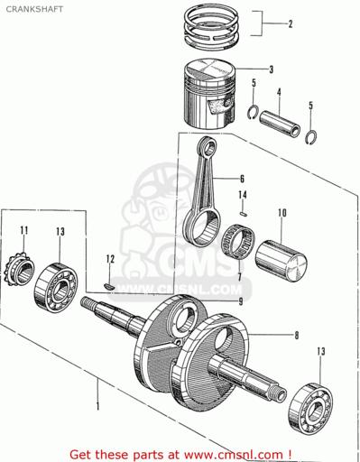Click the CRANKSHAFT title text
(x=34, y=9)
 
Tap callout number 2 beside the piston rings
(x=291, y=23)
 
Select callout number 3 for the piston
(x=271, y=69)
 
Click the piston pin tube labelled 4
(x=280, y=125)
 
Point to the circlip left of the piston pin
(x=253, y=112)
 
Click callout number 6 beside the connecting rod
(x=242, y=179)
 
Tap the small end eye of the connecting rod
(x=208, y=146)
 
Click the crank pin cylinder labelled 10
(x=281, y=261)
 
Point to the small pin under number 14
(x=244, y=214)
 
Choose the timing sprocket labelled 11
(x=19, y=270)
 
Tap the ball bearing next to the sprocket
(x=56, y=286)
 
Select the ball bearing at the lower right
(x=310, y=406)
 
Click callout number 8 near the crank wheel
(x=296, y=335)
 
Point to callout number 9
(x=241, y=301)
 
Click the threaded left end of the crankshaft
(x=88, y=302)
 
